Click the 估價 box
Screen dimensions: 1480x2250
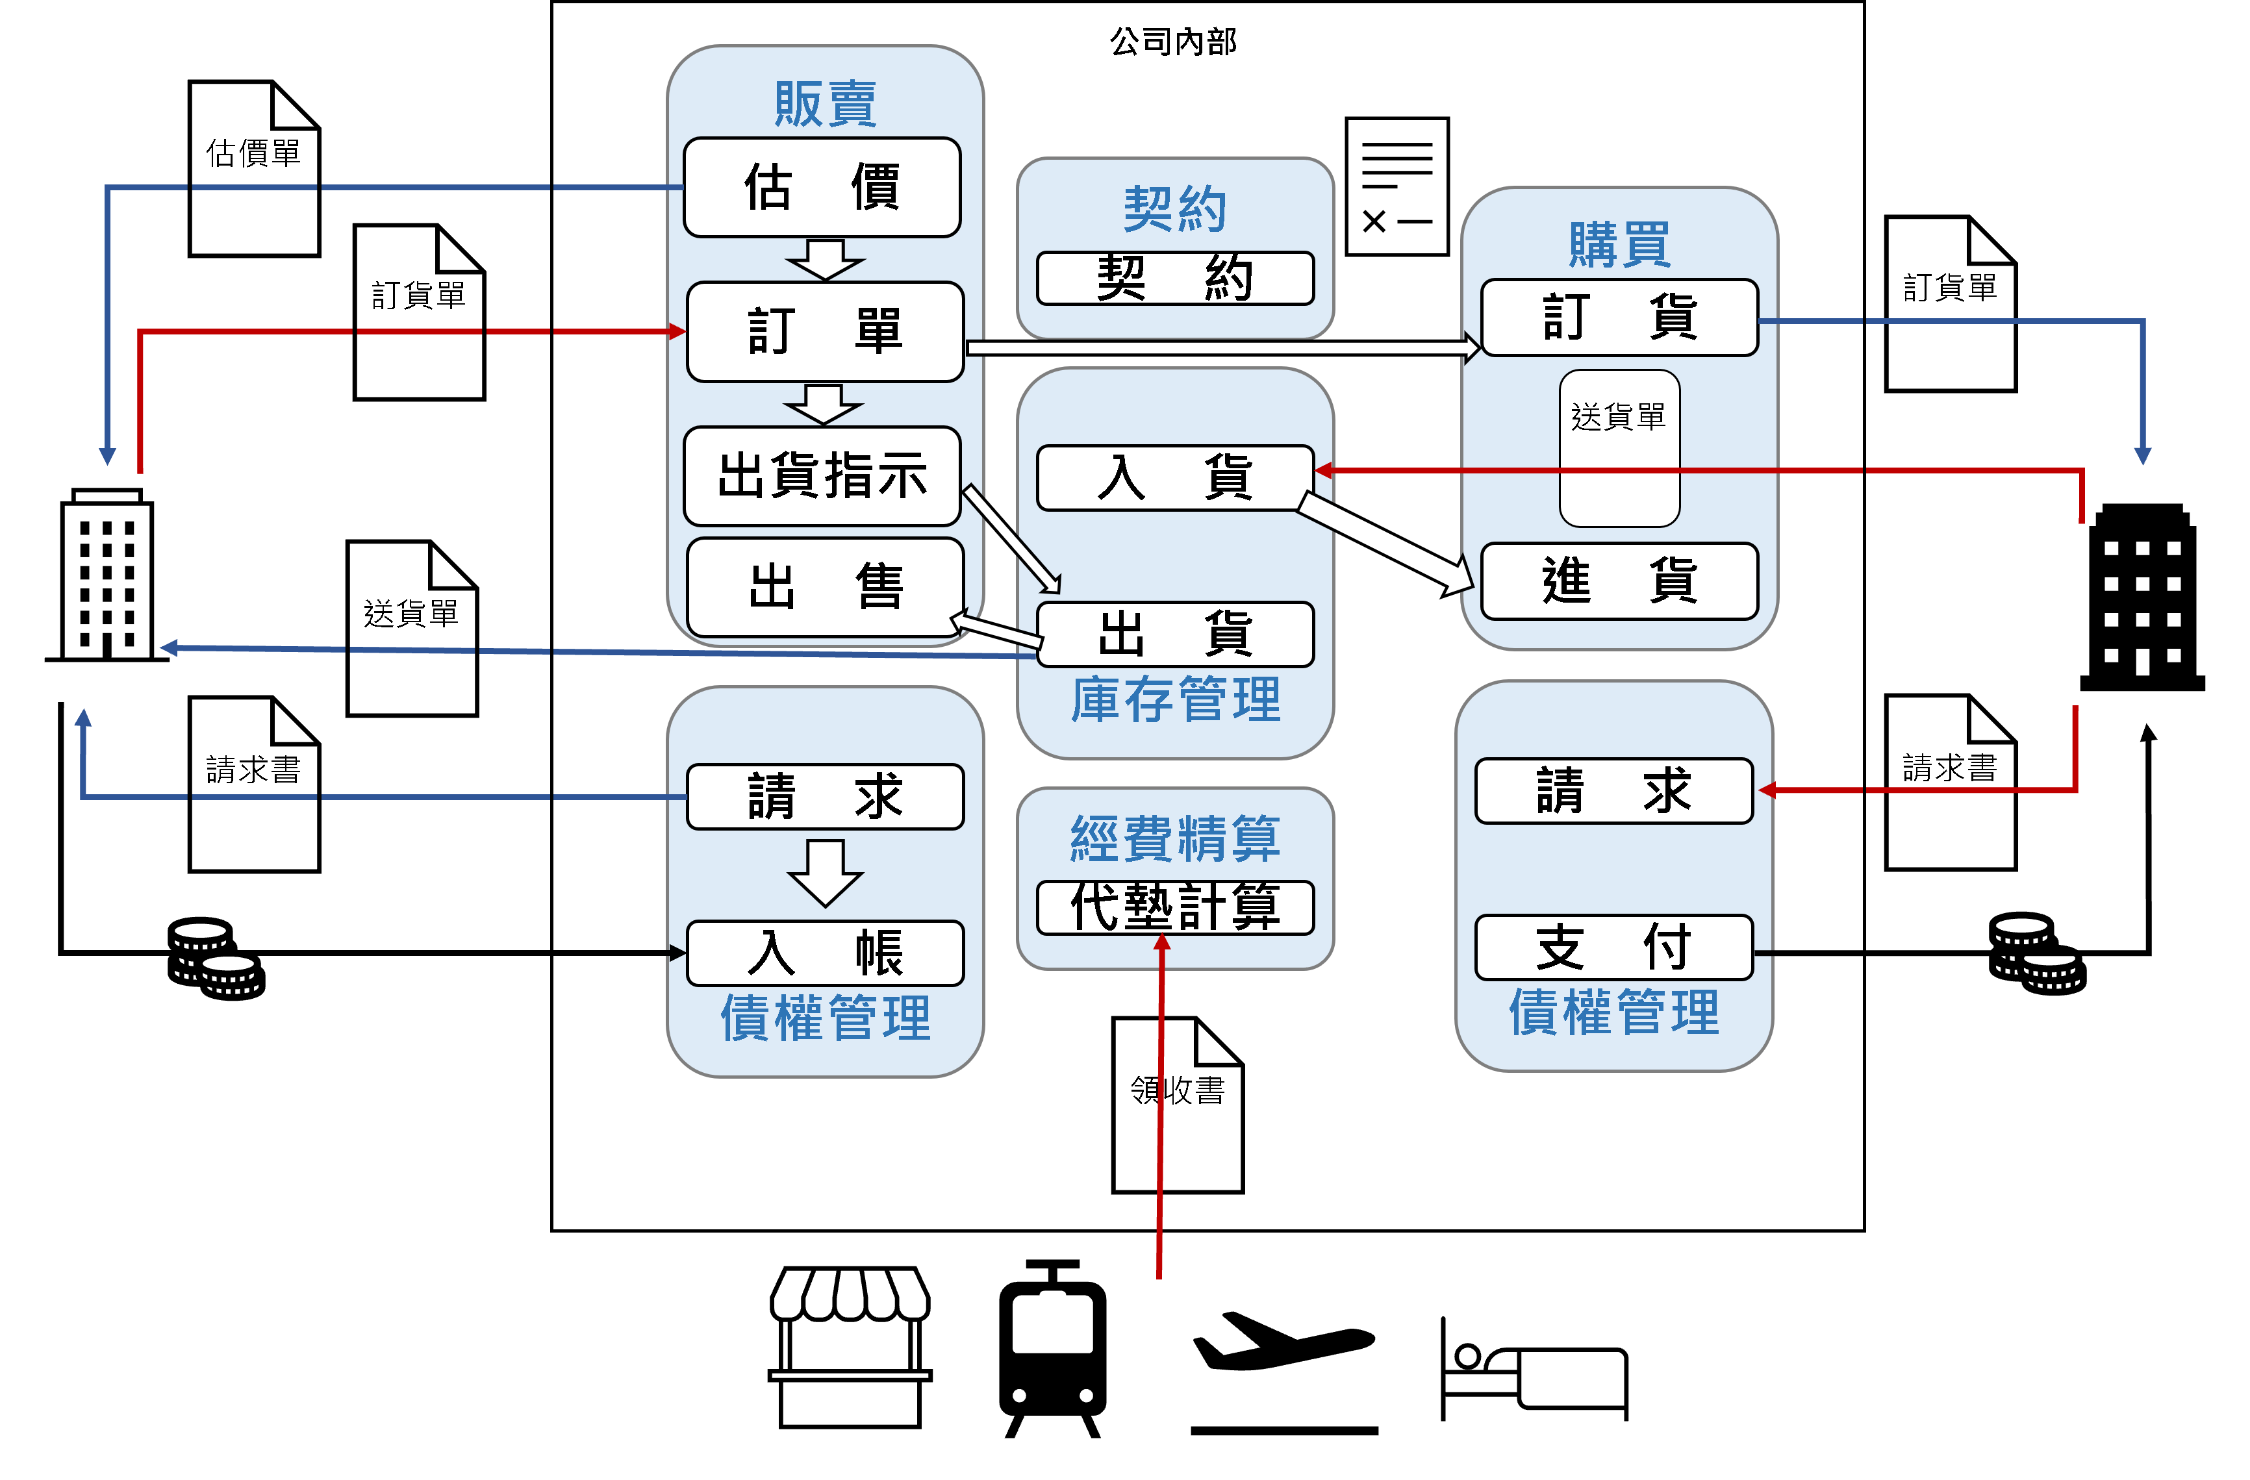pyautogui.click(x=822, y=187)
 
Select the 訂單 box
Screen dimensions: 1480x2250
pyautogui.click(x=824, y=332)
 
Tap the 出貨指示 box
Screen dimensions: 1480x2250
pyautogui.click(x=822, y=475)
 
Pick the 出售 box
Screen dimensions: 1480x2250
pyautogui.click(x=824, y=587)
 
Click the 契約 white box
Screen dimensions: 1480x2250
pyautogui.click(x=1175, y=278)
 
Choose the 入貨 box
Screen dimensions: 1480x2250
pyautogui.click(x=1175, y=477)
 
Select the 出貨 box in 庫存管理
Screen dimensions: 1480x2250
pyautogui.click(x=1175, y=634)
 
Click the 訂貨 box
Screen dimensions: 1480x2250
pyautogui.click(x=1619, y=317)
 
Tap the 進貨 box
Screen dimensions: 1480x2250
pyautogui.click(x=1619, y=581)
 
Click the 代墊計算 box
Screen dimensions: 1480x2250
pyautogui.click(x=1175, y=907)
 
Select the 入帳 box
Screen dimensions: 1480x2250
pyautogui.click(x=824, y=953)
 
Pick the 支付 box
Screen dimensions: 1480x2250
pyautogui.click(x=1613, y=947)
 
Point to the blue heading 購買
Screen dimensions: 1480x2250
pyautogui.click(x=1619, y=245)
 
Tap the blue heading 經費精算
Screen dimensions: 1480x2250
pyautogui.click(x=1175, y=838)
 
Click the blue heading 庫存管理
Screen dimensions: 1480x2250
pyautogui.click(x=1175, y=700)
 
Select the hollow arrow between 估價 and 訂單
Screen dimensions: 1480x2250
pyautogui.click(x=824, y=260)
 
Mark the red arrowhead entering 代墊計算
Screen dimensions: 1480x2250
pyautogui.click(x=1162, y=942)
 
